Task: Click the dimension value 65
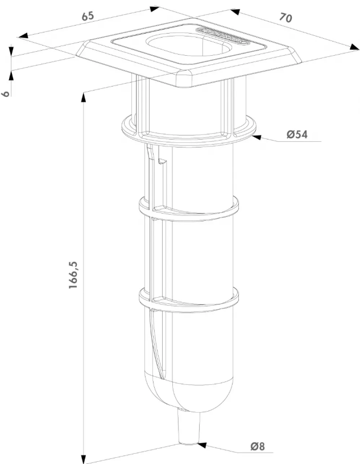point(88,16)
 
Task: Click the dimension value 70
point(285,18)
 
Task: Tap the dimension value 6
point(5,93)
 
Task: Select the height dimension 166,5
point(73,275)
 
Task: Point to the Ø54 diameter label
point(297,134)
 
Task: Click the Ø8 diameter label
point(258,446)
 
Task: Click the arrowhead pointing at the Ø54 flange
point(256,137)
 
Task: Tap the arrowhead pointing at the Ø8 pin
point(202,445)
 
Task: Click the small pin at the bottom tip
point(189,426)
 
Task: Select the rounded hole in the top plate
point(188,46)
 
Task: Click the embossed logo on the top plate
point(223,36)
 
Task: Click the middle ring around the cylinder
point(189,208)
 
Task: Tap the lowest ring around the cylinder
point(189,298)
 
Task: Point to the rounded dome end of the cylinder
point(189,393)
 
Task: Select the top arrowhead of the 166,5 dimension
point(84,98)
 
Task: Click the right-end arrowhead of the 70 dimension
point(354,47)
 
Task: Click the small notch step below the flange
point(163,161)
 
